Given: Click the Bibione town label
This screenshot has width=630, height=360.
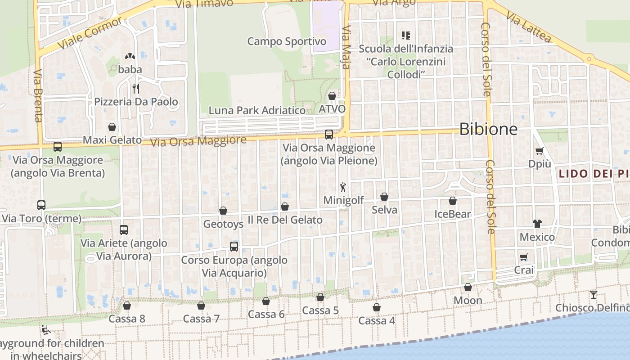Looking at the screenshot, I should tap(488, 130).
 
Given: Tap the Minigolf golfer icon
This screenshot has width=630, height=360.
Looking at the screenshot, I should tap(343, 187).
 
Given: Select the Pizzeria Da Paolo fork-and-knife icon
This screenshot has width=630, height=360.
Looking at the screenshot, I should tap(135, 88).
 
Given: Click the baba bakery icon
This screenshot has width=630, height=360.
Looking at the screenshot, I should tap(130, 57).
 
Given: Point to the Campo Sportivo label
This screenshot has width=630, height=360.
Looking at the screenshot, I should tap(286, 42).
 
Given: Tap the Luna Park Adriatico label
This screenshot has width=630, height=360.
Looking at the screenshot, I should tap(257, 110).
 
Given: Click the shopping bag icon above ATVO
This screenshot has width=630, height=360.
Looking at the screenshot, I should tap(332, 96).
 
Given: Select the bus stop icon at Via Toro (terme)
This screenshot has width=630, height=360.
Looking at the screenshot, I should tap(41, 205).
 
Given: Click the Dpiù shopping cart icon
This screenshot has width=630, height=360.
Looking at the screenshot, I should tap(539, 151).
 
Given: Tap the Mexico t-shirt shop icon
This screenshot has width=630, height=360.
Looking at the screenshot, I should tap(537, 223).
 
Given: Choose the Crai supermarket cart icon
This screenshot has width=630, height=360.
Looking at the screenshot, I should tap(524, 257).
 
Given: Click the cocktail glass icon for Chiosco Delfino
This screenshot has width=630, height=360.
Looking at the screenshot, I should tap(594, 295).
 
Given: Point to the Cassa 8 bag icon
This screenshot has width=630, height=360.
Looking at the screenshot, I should tap(127, 306).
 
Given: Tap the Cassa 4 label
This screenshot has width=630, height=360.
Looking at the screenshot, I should tap(377, 321).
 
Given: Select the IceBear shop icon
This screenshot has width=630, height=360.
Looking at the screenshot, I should tap(453, 201).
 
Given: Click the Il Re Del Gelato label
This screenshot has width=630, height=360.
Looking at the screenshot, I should tap(285, 220).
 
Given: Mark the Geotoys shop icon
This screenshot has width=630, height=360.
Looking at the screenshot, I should tap(223, 211).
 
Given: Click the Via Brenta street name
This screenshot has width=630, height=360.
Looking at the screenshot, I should tap(38, 95).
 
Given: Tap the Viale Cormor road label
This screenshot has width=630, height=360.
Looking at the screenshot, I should tap(90, 34).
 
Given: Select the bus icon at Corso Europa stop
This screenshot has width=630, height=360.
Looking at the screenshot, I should tap(234, 246).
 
